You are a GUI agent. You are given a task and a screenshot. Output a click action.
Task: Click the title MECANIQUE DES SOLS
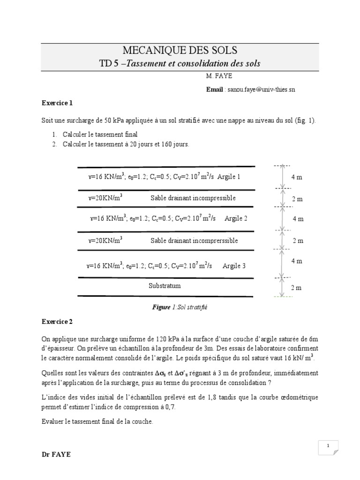coord(180,50)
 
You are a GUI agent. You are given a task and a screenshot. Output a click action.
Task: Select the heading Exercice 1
coord(57,103)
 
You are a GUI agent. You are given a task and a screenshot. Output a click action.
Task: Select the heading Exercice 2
coord(57,322)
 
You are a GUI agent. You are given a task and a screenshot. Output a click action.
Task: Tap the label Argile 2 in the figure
coord(236,218)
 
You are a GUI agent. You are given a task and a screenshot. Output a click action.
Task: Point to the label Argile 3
coord(234,266)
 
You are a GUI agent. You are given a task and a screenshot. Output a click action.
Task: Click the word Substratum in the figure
coord(165,285)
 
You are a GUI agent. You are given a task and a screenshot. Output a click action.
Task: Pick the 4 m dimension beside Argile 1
coord(297,177)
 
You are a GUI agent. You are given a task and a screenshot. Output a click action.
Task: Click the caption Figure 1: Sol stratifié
coord(180,307)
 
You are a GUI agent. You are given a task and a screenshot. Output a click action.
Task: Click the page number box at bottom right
coord(329,446)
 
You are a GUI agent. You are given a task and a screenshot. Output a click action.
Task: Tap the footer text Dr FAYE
coord(56,454)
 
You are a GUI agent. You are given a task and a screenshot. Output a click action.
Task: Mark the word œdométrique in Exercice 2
coord(297,397)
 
